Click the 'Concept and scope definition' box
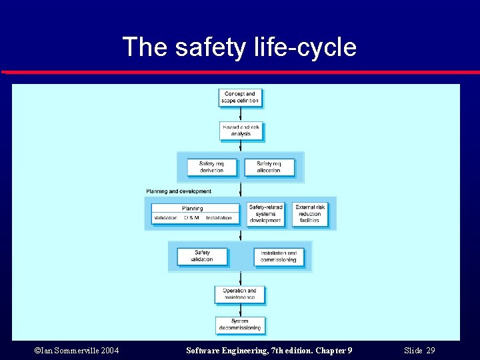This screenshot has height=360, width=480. click(x=241, y=98)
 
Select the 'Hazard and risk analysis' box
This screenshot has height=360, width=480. click(x=241, y=131)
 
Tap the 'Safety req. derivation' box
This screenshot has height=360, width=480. click(x=211, y=167)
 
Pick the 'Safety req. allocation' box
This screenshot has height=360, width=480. click(x=269, y=167)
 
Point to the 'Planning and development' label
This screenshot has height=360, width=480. click(x=179, y=191)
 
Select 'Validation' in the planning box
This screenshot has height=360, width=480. click(x=166, y=218)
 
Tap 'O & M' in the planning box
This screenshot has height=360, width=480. click(x=192, y=218)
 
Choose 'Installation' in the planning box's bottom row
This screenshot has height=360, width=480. click(x=219, y=218)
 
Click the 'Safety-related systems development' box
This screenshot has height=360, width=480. click(x=265, y=214)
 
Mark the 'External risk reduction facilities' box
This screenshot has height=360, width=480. click(x=310, y=214)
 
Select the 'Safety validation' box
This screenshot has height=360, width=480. click(x=202, y=256)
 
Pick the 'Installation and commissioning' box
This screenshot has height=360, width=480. click(x=279, y=257)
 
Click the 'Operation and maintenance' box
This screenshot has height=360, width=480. click(x=239, y=294)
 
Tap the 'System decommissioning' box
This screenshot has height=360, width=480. click(x=240, y=325)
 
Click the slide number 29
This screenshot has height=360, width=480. click(x=431, y=351)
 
